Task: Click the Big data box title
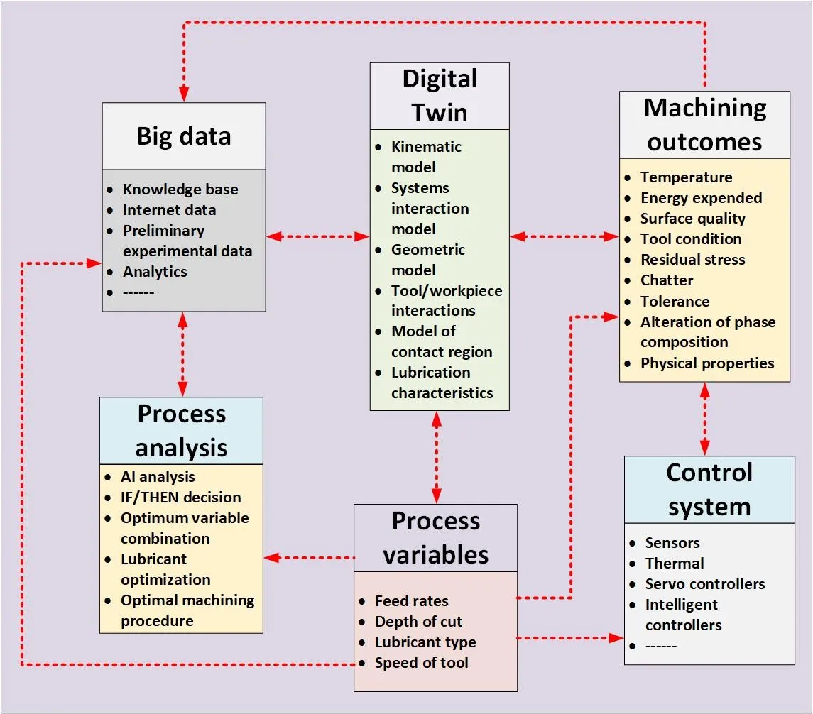click(184, 136)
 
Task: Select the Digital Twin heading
click(440, 96)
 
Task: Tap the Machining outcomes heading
click(704, 125)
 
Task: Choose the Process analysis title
click(181, 431)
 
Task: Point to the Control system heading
click(709, 490)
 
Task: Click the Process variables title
click(436, 538)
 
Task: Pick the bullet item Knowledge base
click(180, 190)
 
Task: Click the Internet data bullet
click(169, 210)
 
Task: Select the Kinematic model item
click(426, 157)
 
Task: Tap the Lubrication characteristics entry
click(442, 383)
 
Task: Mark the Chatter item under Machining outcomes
click(667, 280)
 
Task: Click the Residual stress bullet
click(692, 260)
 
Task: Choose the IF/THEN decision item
click(180, 498)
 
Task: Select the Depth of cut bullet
click(418, 622)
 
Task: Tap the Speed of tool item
click(421, 663)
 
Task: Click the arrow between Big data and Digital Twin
click(317, 236)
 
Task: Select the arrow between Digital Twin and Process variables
click(437, 457)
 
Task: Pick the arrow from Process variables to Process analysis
click(309, 558)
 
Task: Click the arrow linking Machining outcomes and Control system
click(704, 419)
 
